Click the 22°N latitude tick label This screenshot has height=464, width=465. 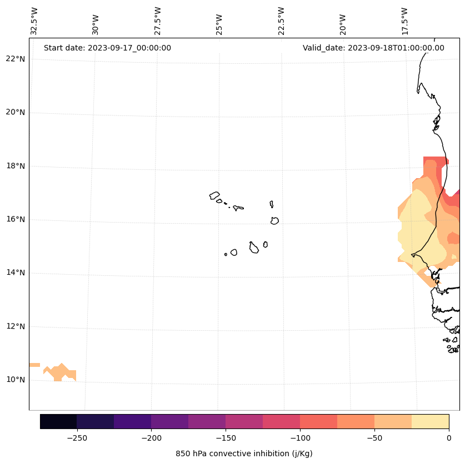16,59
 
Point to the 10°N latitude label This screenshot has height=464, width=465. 16,380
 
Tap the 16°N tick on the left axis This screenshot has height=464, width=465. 16,219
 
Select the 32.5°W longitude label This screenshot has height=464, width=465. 34,21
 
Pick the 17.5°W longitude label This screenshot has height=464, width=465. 404,21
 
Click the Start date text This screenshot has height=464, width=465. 107,48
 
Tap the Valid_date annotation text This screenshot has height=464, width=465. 373,48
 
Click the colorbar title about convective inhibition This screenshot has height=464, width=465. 244,453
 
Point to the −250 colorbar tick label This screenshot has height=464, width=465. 77,438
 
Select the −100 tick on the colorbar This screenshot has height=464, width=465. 300,438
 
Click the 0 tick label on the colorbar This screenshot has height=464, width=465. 449,438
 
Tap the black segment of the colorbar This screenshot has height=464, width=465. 58,421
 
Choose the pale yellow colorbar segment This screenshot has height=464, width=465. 430,421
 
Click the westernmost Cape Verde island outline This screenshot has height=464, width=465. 214,195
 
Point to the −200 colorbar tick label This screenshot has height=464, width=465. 151,438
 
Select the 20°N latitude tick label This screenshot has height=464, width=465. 16,112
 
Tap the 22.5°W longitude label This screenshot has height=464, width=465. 281,21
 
